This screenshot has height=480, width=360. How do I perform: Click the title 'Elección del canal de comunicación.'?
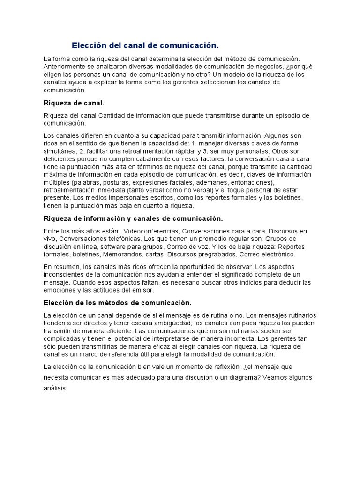tap(145, 46)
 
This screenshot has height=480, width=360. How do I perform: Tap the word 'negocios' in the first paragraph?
tap(273, 67)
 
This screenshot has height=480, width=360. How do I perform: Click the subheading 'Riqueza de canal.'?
tap(74, 103)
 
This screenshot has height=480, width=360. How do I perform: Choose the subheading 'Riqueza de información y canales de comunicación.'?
tap(133, 218)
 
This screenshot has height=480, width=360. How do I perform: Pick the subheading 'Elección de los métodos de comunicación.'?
tap(118, 303)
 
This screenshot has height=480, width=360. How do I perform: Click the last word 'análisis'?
tap(55, 389)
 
